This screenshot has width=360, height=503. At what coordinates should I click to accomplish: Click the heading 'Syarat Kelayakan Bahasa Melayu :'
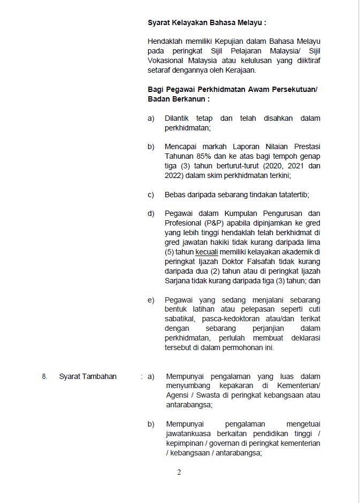click(206, 23)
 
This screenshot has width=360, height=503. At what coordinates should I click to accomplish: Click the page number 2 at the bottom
click(179, 472)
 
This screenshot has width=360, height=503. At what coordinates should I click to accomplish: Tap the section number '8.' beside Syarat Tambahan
click(45, 376)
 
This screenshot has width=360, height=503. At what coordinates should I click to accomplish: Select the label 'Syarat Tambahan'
click(88, 376)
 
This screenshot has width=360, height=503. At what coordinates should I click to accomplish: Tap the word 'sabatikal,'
click(181, 319)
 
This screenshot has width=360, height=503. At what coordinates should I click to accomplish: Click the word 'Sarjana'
click(178, 281)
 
